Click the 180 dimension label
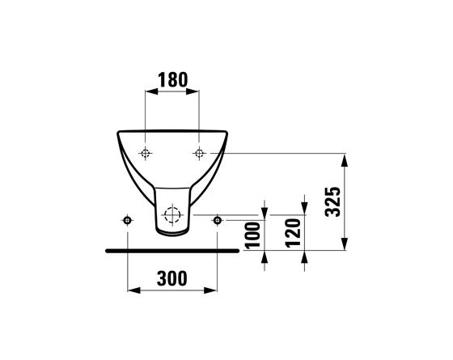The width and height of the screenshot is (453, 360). tap(171, 79)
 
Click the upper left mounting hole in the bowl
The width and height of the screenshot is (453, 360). tap(145, 153)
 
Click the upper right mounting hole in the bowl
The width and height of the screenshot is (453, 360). tap(198, 153)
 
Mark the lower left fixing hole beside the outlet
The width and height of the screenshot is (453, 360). tap(127, 221)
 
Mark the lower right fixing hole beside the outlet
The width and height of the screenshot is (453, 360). tap(217, 221)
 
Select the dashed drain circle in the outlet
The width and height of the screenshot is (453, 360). tap(171, 215)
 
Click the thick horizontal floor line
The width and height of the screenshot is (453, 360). tap(171, 251)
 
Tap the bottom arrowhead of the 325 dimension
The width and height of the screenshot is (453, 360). tap(346, 247)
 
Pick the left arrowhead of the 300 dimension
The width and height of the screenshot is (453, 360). tap(132, 290)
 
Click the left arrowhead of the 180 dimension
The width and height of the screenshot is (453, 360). tap(149, 90)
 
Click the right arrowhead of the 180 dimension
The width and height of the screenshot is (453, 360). tap(194, 90)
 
